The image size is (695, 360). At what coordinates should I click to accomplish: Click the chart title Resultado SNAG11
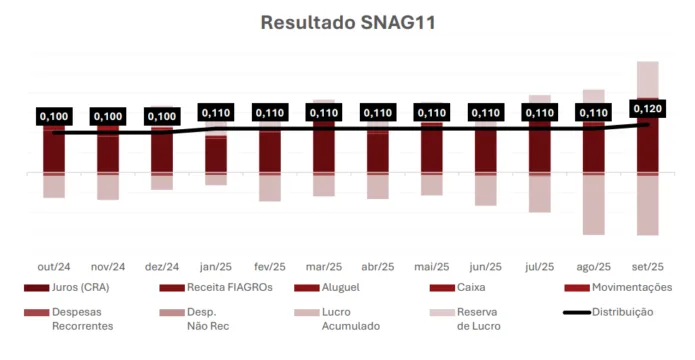tap(347, 21)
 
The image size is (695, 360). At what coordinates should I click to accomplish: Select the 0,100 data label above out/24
tap(54, 117)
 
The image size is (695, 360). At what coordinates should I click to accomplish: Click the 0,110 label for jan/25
tap(216, 114)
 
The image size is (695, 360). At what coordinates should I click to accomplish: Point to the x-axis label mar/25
tap(324, 266)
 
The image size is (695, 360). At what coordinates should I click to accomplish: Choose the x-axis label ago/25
tap(594, 266)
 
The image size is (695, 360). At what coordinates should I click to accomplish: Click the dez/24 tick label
tap(162, 266)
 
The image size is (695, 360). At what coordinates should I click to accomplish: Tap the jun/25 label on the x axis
tap(486, 266)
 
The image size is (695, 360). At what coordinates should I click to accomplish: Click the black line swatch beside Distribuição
tap(575, 312)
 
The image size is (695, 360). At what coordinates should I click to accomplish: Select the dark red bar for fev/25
tap(270, 150)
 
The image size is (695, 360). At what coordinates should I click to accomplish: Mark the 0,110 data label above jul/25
tap(540, 113)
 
